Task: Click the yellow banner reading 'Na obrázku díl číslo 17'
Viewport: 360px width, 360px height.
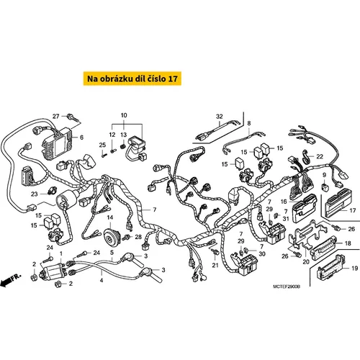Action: [132, 78]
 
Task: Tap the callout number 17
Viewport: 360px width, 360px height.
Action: [353, 210]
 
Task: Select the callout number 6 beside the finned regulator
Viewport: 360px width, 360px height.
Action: [81, 138]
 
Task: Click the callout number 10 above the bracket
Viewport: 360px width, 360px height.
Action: [124, 115]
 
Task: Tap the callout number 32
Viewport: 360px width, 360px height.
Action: [220, 117]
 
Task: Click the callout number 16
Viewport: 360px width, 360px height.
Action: [284, 202]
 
